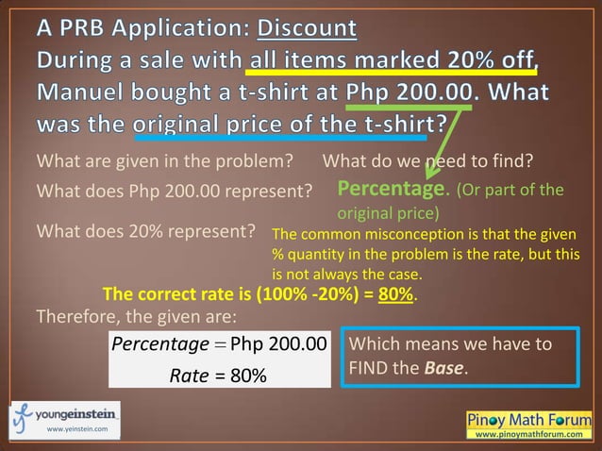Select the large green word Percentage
(x=391, y=190)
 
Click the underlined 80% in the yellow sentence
(x=395, y=293)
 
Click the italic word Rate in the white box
(x=188, y=376)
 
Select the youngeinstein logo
(x=64, y=414)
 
